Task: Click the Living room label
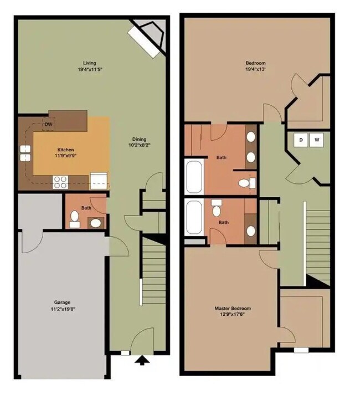89,63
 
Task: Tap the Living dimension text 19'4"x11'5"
89,70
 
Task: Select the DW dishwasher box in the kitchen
49,124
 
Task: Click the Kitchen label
65,150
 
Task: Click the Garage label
62,302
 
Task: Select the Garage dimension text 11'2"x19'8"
62,310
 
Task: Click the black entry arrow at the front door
142,361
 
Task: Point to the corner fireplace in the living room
148,36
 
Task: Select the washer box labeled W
317,140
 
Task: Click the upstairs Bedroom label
255,63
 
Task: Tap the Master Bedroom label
233,309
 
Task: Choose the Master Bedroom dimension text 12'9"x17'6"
233,316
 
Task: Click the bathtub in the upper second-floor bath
194,177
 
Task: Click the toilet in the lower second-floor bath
217,209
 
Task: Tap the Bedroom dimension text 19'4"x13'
255,70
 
